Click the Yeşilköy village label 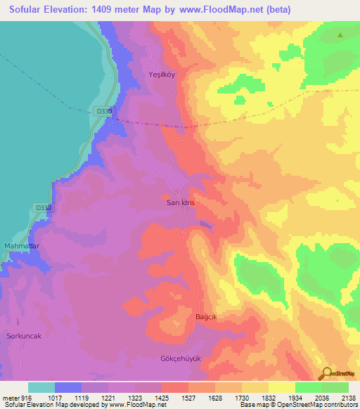point(163,74)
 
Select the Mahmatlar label point(22,245)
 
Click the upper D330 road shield point(103,111)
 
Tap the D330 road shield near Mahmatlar point(44,208)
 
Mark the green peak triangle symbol point(340,34)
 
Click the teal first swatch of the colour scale point(41,387)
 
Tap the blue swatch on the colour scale point(68,387)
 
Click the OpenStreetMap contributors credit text point(316,404)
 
